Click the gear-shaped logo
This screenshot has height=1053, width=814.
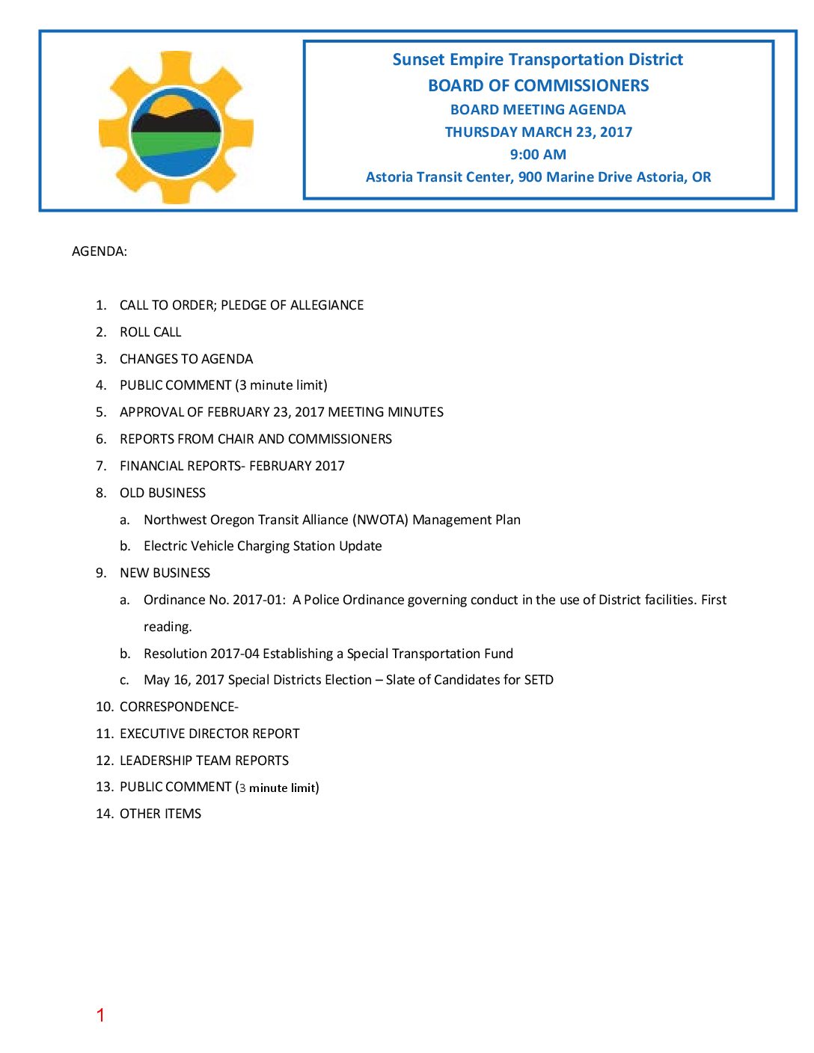176,128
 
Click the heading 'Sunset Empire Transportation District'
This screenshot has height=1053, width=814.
537,60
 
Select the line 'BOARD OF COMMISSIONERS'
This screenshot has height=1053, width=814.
538,86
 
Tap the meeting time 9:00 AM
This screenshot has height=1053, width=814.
538,155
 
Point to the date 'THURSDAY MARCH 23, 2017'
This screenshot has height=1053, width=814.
538,132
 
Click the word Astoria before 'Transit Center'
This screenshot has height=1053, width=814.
390,177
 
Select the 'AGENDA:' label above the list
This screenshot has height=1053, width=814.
100,251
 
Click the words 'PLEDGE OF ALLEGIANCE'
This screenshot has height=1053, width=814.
292,305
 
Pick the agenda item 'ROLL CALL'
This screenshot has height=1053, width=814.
150,332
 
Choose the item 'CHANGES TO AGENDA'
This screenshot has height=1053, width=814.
186,359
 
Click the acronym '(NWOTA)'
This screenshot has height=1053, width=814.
380,520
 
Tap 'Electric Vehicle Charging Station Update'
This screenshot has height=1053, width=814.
263,546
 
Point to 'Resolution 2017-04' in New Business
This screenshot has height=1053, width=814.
201,654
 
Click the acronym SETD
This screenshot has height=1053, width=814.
539,680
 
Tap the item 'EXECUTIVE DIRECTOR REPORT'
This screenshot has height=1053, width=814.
209,734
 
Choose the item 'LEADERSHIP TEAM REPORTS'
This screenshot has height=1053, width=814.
204,761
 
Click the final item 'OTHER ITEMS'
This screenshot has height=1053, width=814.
160,814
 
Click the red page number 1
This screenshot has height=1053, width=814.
100,1015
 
